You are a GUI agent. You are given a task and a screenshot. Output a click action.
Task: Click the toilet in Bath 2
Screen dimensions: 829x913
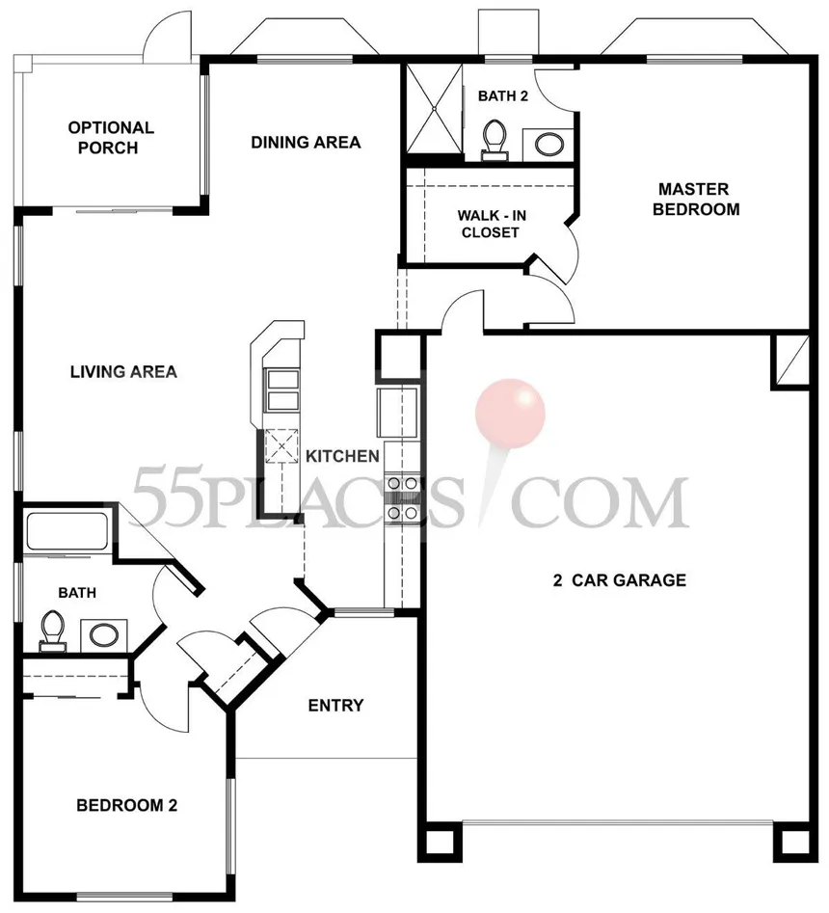[x=495, y=140]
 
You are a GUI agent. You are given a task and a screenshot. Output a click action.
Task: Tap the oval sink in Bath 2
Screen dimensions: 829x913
[x=549, y=145]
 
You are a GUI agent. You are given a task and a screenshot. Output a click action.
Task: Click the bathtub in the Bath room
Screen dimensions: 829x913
[x=67, y=530]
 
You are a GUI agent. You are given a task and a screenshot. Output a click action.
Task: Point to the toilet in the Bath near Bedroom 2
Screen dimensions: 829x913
[x=52, y=631]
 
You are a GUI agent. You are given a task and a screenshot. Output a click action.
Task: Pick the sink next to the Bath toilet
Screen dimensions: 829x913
[x=104, y=634]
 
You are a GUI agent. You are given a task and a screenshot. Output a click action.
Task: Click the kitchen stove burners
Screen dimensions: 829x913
[x=402, y=497]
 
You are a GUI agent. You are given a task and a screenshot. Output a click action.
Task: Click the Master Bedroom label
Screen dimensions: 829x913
[x=696, y=200]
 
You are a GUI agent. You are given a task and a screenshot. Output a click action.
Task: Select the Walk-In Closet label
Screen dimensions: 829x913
[x=492, y=224]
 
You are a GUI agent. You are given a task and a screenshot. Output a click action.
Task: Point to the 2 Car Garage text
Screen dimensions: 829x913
[x=620, y=580]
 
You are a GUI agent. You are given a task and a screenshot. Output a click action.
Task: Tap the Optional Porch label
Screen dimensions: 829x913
[x=110, y=138]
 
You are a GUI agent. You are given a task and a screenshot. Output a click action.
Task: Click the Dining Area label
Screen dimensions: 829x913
[x=306, y=142]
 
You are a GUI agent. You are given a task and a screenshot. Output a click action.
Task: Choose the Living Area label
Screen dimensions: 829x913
[x=123, y=371]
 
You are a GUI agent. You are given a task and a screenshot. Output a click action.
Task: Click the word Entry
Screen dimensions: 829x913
[x=335, y=706]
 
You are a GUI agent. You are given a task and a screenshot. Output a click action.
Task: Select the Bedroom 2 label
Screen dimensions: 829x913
[x=127, y=805]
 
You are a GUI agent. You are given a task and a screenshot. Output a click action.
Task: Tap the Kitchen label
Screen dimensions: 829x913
[x=342, y=456]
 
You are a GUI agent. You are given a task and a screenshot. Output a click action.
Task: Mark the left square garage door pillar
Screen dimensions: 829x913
[x=441, y=842]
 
